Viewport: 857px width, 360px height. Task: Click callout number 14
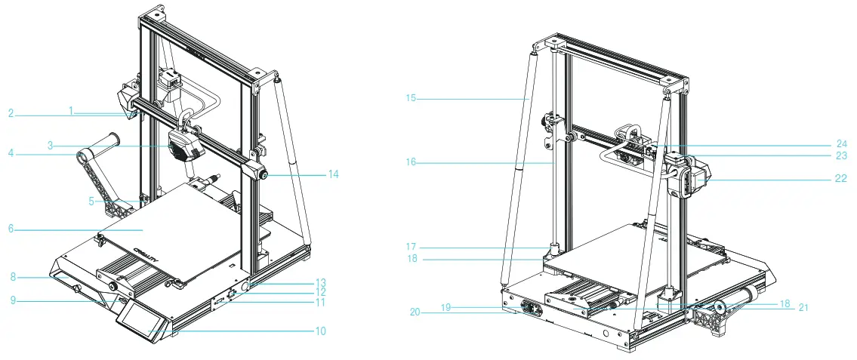click(333, 174)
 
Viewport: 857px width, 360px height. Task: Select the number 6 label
click(11, 229)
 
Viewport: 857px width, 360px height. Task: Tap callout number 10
click(320, 331)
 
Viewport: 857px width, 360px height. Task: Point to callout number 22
click(840, 178)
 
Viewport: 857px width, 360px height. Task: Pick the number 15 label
click(411, 98)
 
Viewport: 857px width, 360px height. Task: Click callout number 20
click(415, 312)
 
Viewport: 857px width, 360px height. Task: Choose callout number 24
click(841, 144)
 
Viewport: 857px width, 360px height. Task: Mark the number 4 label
click(11, 153)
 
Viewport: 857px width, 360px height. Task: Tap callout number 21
click(803, 308)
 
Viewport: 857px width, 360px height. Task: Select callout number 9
click(13, 299)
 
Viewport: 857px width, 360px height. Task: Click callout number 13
click(320, 282)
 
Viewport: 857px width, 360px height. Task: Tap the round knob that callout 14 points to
click(264, 175)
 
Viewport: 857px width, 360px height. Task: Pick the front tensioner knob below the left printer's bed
click(114, 286)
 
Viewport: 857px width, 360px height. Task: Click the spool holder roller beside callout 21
click(738, 299)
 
